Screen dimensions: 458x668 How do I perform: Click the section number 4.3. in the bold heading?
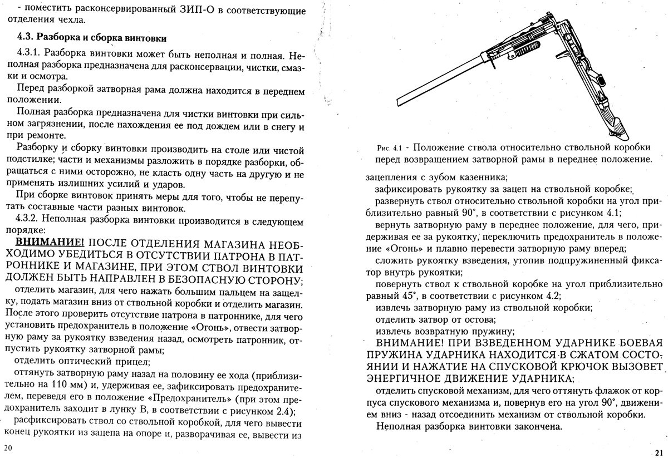tap(27, 37)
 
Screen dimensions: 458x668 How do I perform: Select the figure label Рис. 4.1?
tap(389, 148)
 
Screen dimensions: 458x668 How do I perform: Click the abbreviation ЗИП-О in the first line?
tap(147, 9)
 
